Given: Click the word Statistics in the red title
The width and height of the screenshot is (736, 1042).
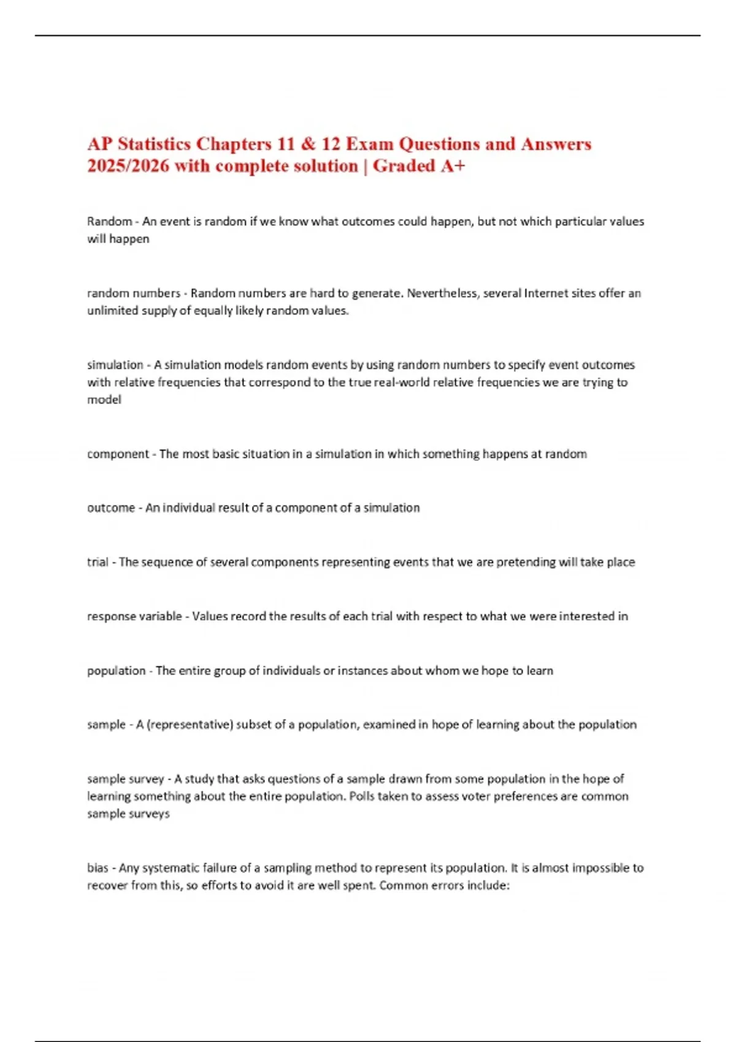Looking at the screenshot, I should click(x=154, y=144).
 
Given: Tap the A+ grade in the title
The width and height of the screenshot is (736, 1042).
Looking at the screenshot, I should click(x=453, y=166).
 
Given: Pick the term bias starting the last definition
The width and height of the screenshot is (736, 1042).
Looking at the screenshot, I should click(x=97, y=868).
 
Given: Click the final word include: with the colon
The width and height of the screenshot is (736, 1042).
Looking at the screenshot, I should click(x=489, y=886).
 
